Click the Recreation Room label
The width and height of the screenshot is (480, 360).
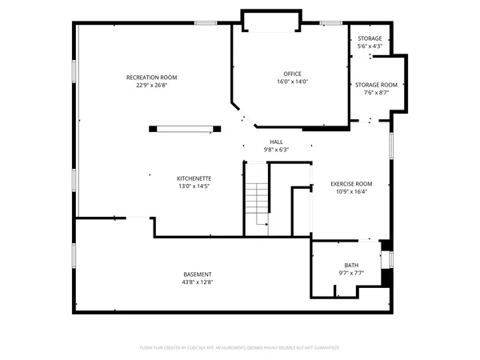[151, 77]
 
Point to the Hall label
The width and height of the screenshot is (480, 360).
[276, 142]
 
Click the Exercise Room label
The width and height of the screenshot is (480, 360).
[352, 184]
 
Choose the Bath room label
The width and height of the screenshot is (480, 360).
[352, 265]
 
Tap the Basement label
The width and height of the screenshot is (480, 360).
[198, 274]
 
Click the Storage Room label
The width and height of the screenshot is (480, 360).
[376, 85]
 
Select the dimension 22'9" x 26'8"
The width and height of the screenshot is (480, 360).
[151, 85]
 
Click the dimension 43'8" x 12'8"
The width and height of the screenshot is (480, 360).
[198, 282]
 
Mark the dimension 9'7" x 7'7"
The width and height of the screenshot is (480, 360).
[352, 273]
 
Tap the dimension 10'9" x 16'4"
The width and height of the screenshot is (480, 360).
[352, 192]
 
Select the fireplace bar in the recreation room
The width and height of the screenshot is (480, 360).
[184, 126]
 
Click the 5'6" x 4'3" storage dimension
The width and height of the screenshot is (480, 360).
[370, 46]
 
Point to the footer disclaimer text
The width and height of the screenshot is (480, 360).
[240, 348]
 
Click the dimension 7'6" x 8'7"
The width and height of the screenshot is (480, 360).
[376, 93]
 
